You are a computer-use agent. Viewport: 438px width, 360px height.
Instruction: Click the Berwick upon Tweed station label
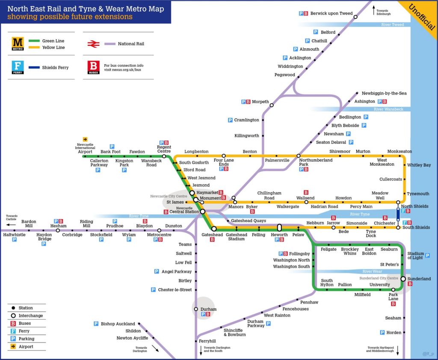331,13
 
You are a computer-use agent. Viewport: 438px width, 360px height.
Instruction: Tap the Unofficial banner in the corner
421,17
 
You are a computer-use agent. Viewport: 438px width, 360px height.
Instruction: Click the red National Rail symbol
93,44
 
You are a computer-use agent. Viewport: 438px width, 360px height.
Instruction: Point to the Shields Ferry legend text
55,68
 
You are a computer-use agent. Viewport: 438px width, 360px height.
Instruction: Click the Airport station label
85,152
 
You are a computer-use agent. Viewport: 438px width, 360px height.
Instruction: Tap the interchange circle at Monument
195,199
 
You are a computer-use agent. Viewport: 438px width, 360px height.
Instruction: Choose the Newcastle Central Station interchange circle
203,211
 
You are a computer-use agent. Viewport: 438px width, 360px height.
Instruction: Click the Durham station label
208,309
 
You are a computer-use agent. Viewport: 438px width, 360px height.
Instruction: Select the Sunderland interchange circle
403,279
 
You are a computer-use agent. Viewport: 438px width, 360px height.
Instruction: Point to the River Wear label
372,272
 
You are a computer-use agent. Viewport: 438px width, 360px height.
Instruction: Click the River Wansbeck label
388,109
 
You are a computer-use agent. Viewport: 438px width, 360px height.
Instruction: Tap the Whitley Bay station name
419,165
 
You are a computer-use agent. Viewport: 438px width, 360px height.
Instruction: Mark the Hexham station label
59,226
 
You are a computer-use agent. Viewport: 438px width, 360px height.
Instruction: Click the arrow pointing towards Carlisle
11,224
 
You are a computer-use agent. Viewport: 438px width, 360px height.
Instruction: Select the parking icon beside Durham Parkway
268,323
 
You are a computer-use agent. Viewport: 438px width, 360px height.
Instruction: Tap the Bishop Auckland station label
118,324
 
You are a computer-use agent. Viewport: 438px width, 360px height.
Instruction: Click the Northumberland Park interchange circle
299,156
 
